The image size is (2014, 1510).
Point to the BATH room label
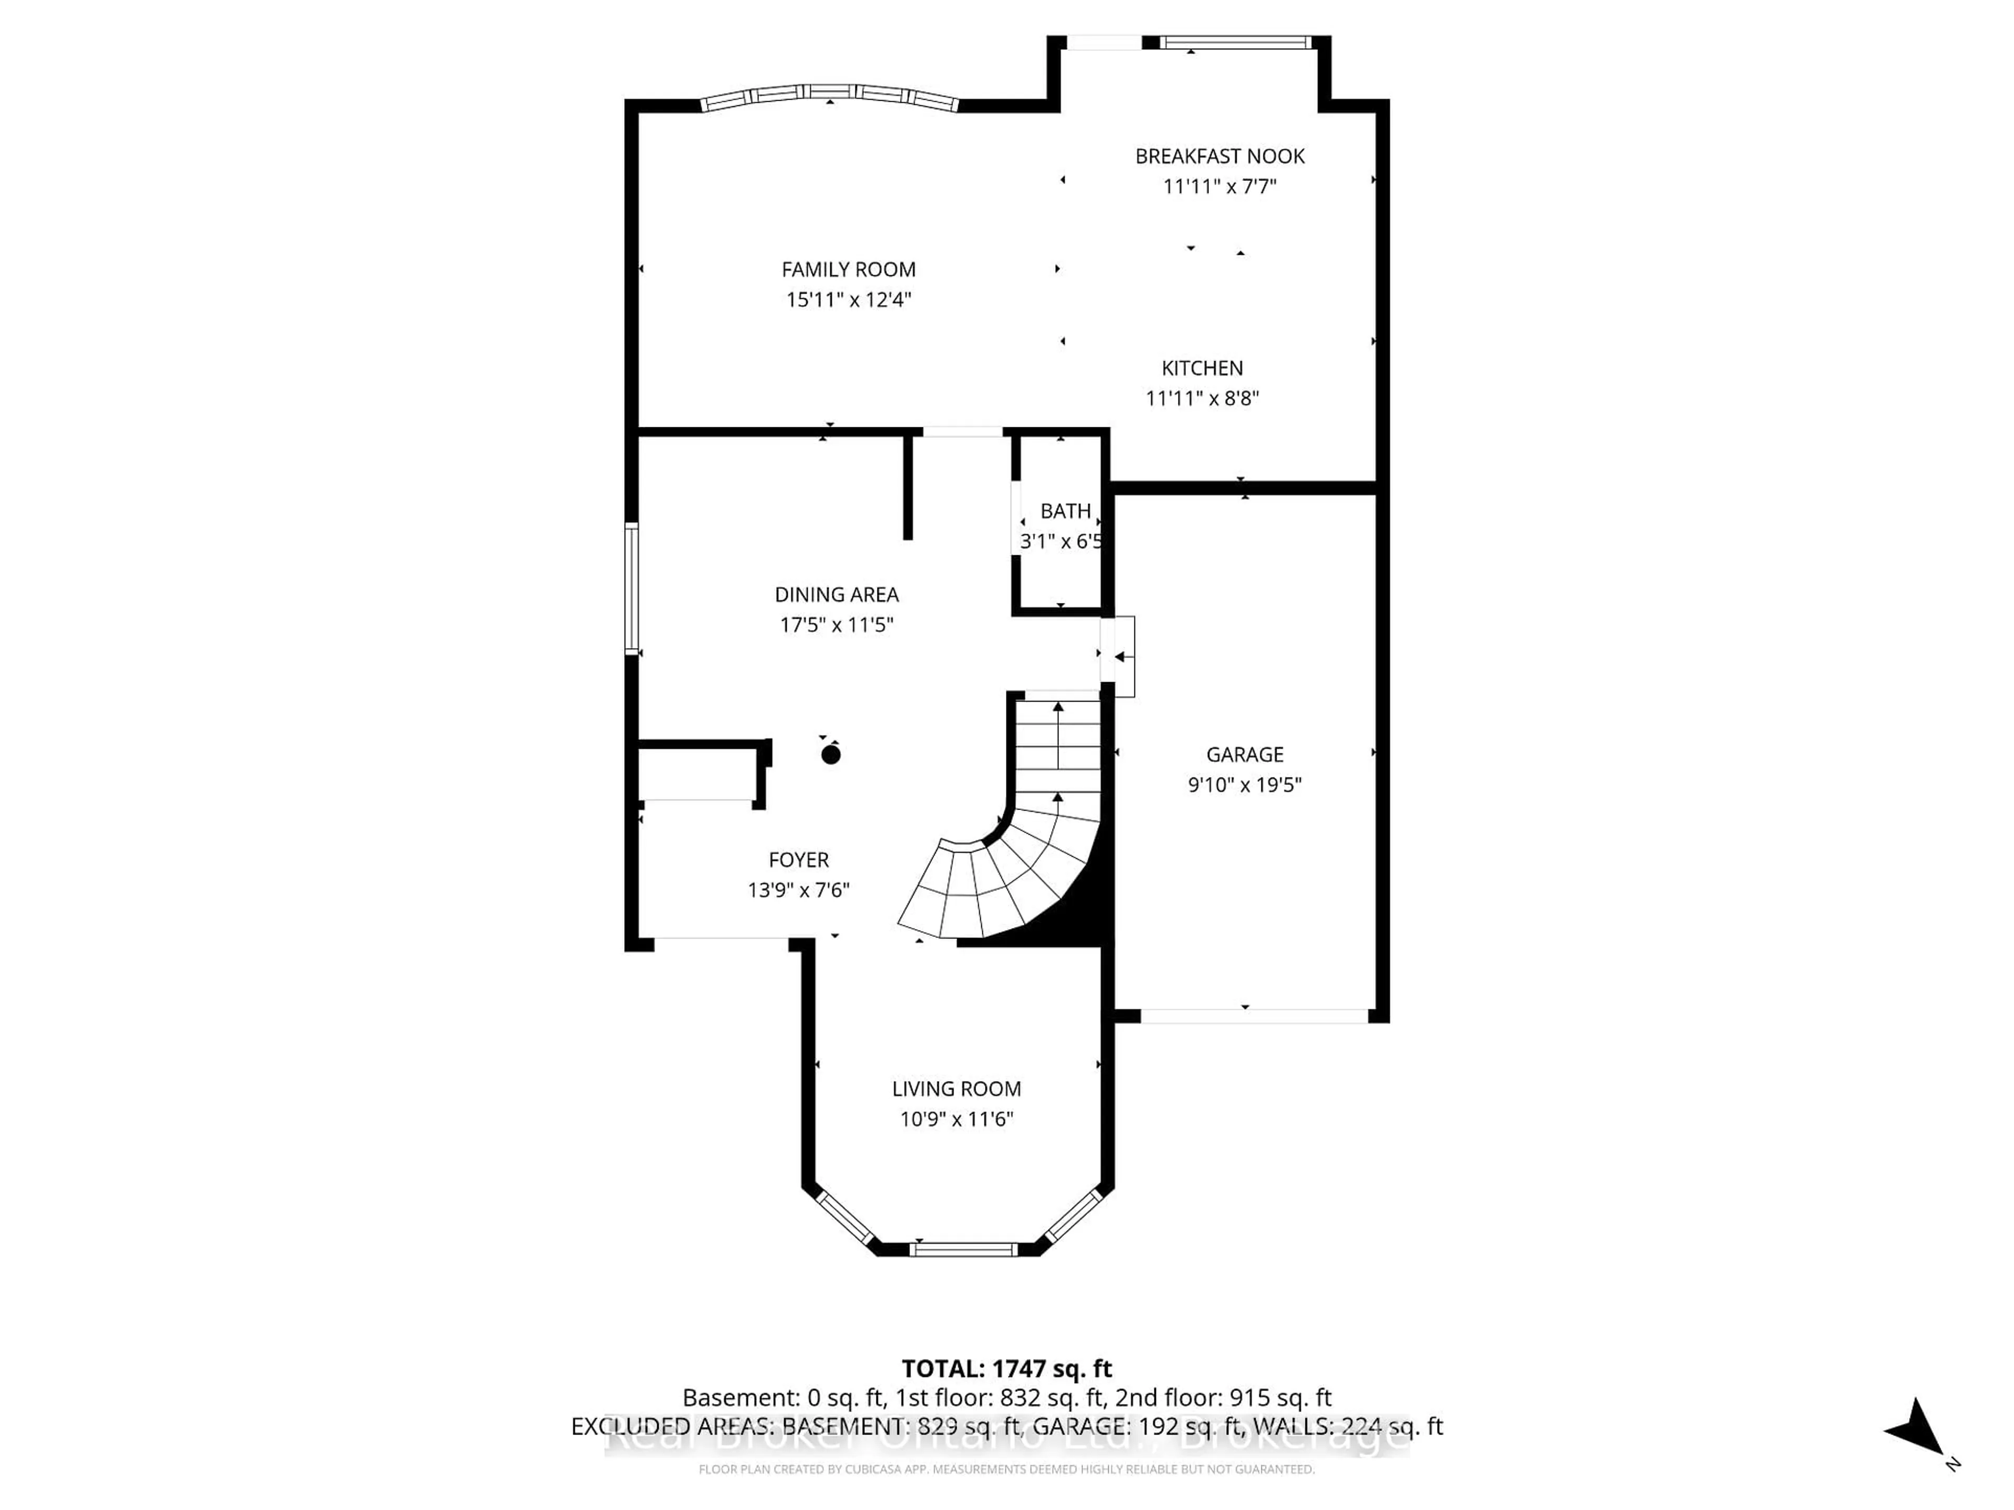[x=1064, y=511]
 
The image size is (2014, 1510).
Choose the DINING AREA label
[x=836, y=595]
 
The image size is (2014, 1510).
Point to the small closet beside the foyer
[x=697, y=774]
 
